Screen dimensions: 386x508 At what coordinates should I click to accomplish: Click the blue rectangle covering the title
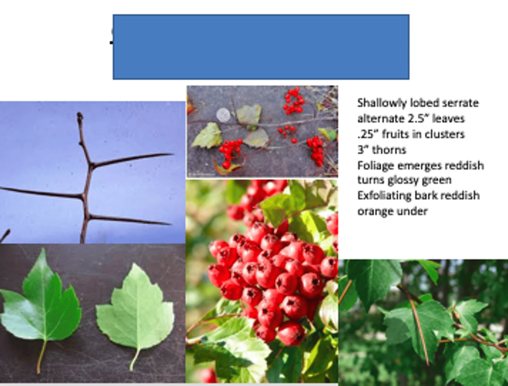coord(261,47)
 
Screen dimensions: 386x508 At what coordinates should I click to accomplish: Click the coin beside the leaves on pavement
coord(223,115)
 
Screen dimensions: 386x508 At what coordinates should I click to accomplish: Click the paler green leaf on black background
coord(136,310)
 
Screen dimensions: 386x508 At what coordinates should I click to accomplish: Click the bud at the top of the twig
coord(80,117)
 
